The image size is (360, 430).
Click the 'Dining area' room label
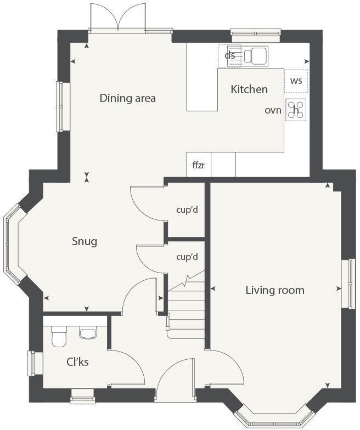[127, 99]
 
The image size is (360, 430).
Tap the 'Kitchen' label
[249, 89]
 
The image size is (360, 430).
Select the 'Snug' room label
[85, 241]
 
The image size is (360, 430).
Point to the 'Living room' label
[274, 290]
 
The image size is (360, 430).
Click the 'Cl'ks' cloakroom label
[77, 362]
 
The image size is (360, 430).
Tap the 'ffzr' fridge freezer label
[198, 165]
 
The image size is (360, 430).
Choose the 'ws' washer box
[296, 81]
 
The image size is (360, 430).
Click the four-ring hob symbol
[296, 110]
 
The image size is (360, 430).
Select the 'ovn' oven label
[273, 110]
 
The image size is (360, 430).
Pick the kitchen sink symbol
[255, 55]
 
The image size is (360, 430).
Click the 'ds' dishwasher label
[230, 55]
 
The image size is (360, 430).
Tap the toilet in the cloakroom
[58, 337]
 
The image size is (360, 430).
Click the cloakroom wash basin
[88, 332]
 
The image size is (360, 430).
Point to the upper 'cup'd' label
[187, 210]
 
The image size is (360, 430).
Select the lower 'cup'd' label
[187, 257]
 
